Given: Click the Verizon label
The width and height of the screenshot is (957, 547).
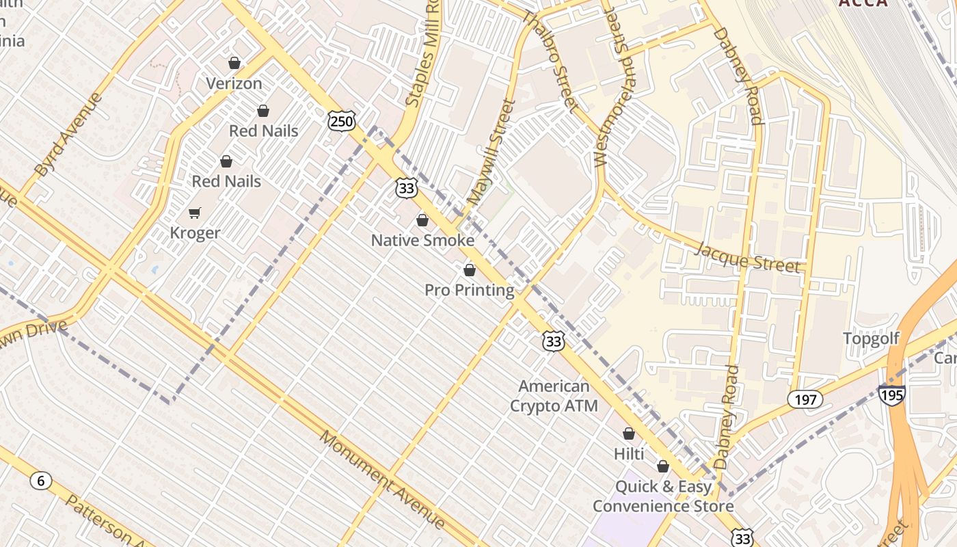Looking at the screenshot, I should [234, 83].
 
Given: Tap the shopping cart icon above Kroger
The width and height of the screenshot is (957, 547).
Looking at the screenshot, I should [195, 213].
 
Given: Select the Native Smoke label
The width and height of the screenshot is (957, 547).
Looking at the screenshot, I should [422, 241].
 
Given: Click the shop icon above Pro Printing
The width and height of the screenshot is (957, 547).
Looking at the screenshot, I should [470, 270].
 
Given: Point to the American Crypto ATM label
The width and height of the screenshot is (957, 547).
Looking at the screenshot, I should [554, 396].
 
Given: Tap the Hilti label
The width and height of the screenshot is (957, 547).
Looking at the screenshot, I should [629, 453].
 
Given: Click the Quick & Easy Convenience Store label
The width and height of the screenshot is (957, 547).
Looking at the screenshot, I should [662, 496].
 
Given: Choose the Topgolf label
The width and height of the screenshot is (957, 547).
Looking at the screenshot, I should [871, 338].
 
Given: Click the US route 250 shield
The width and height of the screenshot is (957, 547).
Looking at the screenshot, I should [341, 122].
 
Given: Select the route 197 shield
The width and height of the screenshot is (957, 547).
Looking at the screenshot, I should [806, 399].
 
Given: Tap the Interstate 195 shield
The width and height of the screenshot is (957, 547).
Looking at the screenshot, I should [892, 395].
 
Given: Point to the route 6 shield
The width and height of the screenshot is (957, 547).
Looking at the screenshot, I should [41, 481].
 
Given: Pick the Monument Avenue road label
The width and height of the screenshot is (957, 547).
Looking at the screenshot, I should [381, 479].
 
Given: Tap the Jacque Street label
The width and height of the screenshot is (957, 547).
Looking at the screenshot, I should [746, 256].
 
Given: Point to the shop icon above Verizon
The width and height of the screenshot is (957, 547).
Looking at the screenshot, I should [234, 63].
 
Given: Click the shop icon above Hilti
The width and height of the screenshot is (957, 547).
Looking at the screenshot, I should [629, 433].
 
